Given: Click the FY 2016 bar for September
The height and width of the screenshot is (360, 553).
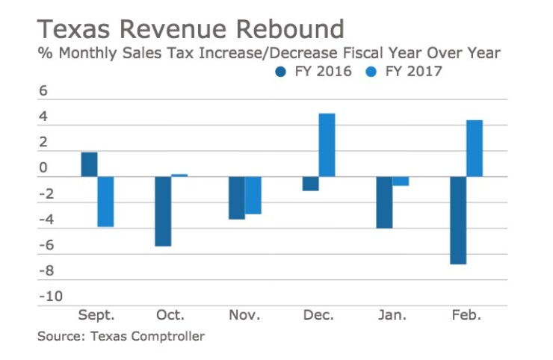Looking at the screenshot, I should coord(89,164).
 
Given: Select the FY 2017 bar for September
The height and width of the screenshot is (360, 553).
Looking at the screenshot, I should coord(105,202).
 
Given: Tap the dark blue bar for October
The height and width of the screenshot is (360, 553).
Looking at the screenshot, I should coord(163,211).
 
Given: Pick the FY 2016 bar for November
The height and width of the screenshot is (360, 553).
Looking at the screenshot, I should coord(237,198).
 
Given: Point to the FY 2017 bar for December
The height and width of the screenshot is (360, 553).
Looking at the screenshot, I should coord(327,145).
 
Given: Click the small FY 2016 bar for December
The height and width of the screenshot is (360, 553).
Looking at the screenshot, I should coord(311,184).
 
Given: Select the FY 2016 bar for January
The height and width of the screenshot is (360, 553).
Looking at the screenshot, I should coord(385,202).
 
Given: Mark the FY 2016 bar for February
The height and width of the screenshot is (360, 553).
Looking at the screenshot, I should coord(458,220).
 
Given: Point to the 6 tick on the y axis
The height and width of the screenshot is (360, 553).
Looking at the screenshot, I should coord(43,91).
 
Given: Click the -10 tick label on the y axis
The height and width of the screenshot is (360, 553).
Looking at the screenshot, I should coord(49,297).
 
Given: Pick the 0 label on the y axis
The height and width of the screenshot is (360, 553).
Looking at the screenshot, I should coord(43,169).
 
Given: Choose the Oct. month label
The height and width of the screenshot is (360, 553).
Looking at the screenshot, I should coord(171,316).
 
